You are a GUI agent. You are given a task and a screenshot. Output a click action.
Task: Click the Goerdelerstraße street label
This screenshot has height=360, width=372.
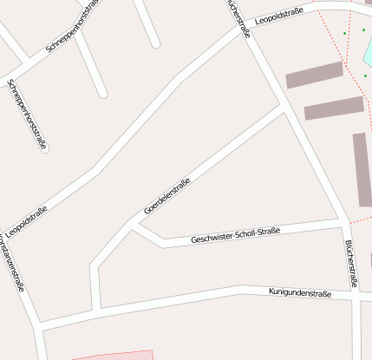click(x=166, y=196)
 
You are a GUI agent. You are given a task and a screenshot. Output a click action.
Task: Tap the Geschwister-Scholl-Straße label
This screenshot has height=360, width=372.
click(x=235, y=234)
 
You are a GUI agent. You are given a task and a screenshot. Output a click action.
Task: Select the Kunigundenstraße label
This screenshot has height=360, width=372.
click(x=300, y=293)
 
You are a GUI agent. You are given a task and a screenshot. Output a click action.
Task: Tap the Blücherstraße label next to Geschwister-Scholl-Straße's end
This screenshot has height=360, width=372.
click(x=351, y=263)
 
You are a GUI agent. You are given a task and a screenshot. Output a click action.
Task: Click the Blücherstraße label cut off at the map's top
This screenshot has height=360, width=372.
click(x=238, y=17)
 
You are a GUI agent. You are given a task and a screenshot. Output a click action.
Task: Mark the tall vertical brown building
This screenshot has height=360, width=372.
click(x=362, y=169)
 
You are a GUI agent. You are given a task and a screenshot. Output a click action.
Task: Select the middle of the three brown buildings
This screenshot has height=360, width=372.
click(x=334, y=108)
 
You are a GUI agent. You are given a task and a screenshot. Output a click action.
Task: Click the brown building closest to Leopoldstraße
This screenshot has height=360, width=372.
click(x=314, y=75)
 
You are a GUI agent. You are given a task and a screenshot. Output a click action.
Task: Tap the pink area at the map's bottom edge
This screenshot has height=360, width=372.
click(x=113, y=356)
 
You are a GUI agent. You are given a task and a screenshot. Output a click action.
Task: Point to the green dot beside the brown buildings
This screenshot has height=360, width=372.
click(x=364, y=75)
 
